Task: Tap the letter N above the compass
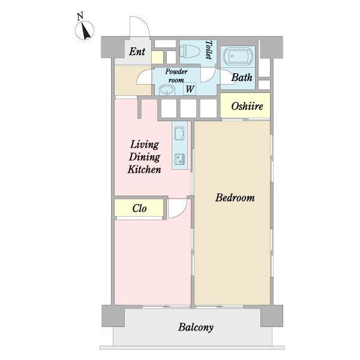[x=80, y=17]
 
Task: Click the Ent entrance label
[x=137, y=52]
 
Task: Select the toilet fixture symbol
[x=190, y=51]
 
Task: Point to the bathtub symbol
[x=238, y=56]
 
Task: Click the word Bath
[x=242, y=77]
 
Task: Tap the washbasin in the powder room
[x=167, y=90]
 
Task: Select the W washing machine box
[x=190, y=89]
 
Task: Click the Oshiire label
[x=247, y=106]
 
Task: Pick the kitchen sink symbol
[x=179, y=133]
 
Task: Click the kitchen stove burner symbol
[x=179, y=159]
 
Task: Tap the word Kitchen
[x=144, y=169]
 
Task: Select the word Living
[x=145, y=145]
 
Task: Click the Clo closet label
[x=139, y=208]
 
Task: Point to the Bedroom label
[x=235, y=197]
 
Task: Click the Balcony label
[x=196, y=327]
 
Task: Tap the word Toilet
[x=209, y=50]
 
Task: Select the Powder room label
[x=176, y=76]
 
